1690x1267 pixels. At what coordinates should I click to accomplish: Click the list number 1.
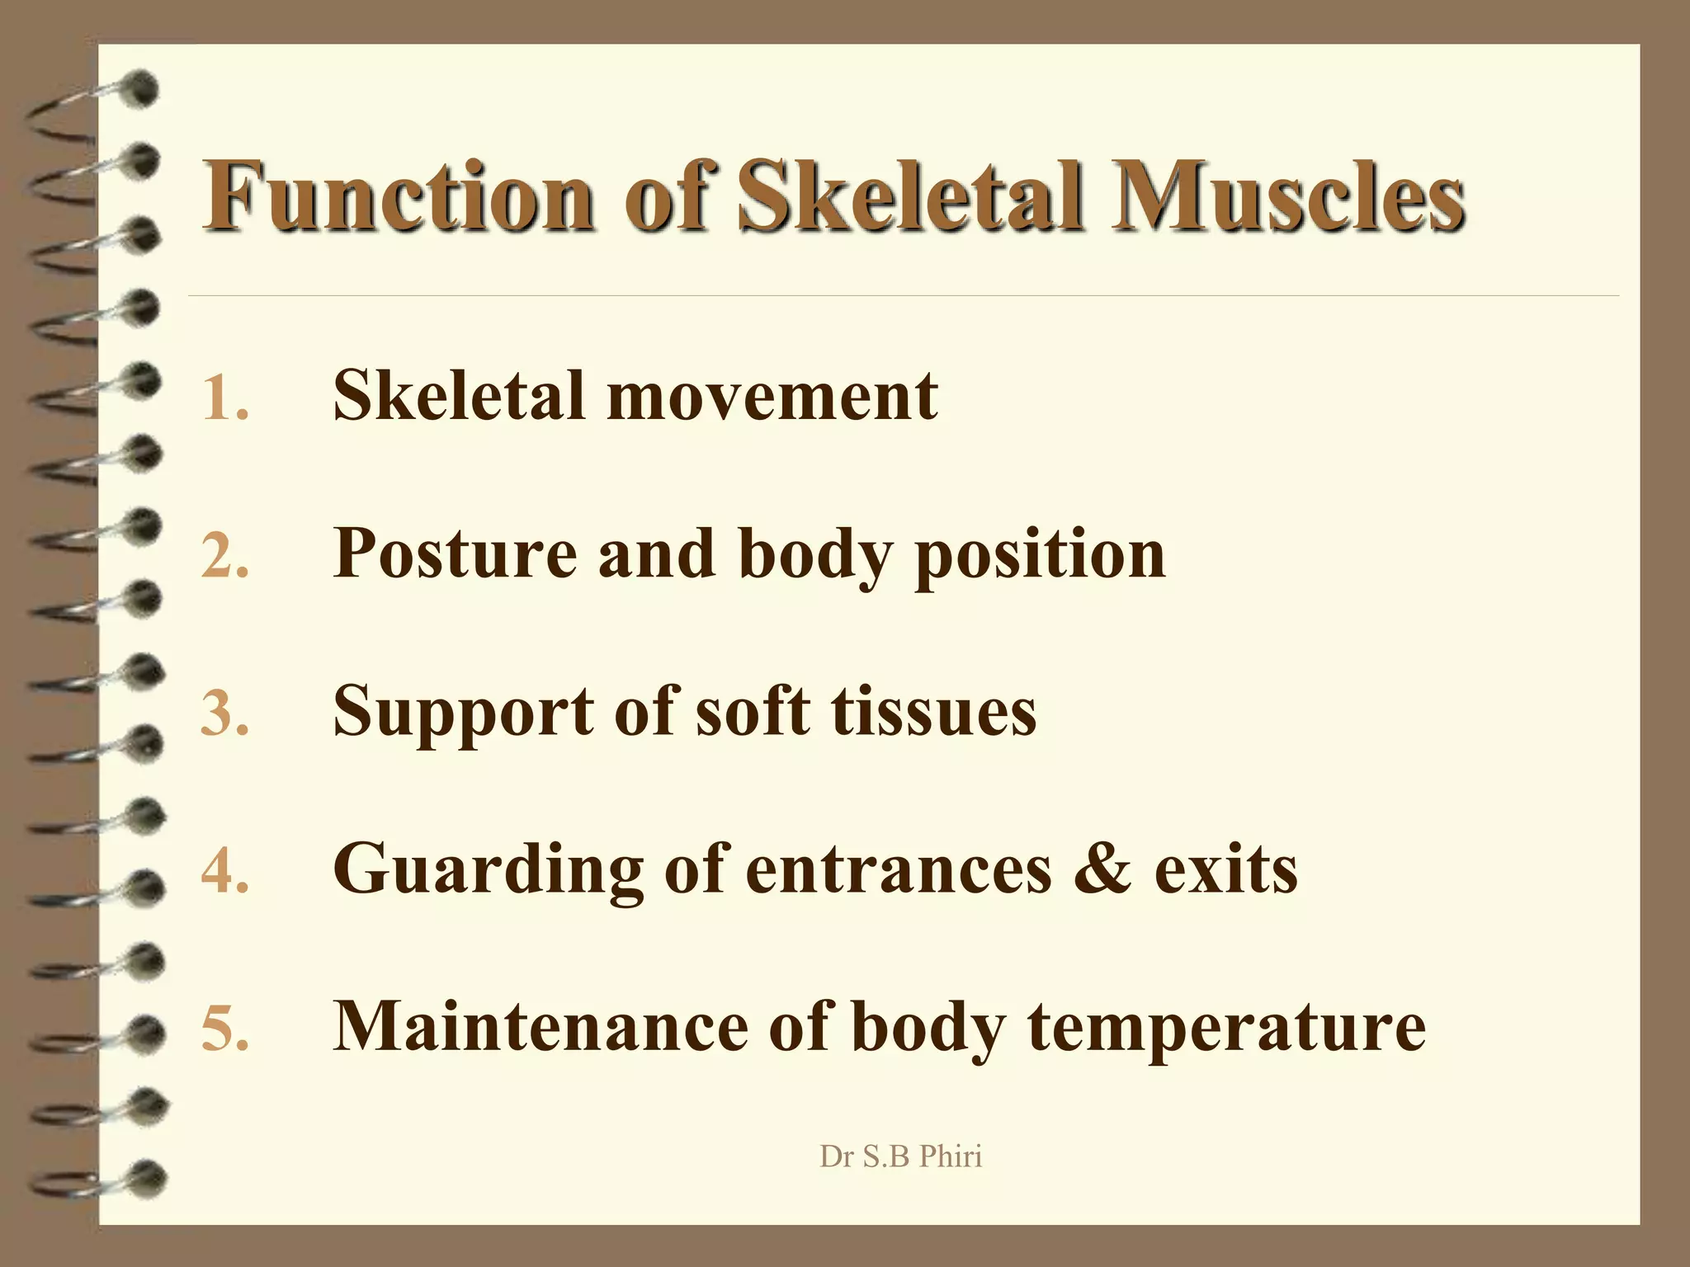[224, 398]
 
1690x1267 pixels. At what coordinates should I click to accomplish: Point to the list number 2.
[224, 555]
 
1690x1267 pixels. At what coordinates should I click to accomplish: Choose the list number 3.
[224, 713]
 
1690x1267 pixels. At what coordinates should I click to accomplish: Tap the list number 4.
[224, 870]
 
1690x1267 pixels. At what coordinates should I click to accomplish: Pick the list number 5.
[224, 1028]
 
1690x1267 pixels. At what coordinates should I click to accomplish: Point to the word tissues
[933, 711]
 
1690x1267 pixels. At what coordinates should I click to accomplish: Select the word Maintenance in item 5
[540, 1026]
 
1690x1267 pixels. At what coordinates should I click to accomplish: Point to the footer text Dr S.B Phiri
[900, 1156]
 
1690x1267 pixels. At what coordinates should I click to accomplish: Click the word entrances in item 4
[899, 869]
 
